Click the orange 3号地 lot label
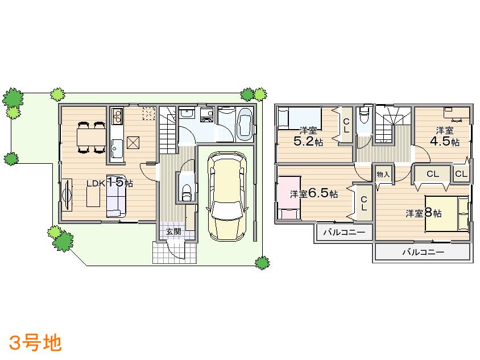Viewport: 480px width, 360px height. [x=35, y=343]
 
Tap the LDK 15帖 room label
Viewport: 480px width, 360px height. [x=110, y=183]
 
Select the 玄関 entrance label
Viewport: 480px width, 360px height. [x=173, y=231]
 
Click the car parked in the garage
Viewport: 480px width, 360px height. [x=227, y=196]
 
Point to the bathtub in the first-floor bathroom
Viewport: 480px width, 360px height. [x=246, y=125]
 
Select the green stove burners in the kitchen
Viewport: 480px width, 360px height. [x=117, y=118]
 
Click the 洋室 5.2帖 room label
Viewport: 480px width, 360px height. [x=308, y=136]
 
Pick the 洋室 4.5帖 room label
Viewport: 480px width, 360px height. [x=444, y=136]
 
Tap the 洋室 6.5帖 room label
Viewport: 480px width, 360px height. [x=313, y=194]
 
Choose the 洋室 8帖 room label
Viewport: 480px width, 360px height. [x=424, y=213]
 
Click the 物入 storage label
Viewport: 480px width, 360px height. [x=383, y=175]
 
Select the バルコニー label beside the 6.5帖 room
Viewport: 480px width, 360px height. [x=344, y=232]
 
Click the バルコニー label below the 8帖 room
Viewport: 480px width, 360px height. [x=423, y=252]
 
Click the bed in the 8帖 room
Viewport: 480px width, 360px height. [x=446, y=214]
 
